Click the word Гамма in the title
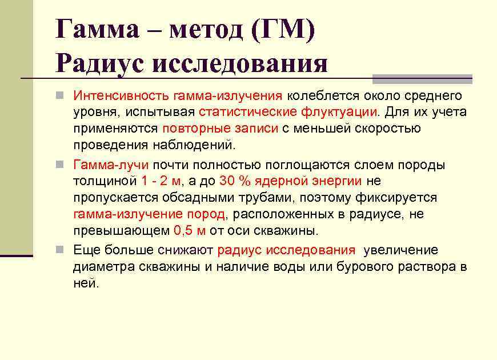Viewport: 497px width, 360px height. [x=97, y=28]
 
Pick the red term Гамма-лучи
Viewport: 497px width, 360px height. [x=111, y=165]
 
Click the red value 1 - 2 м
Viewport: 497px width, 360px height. [x=161, y=181]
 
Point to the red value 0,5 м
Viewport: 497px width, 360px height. [x=189, y=231]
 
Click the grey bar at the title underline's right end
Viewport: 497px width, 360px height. [x=422, y=78]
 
